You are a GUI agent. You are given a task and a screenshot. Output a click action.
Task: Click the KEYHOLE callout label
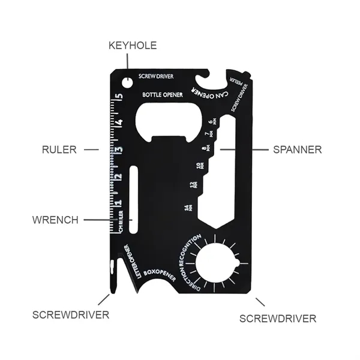132,46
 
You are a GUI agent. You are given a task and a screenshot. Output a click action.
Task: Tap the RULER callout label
59,149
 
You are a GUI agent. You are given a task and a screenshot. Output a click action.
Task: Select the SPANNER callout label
297,149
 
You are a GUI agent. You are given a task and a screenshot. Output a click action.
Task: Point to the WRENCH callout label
55,220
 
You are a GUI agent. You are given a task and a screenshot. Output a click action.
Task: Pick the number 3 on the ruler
119,150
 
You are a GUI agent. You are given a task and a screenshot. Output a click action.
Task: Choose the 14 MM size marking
190,208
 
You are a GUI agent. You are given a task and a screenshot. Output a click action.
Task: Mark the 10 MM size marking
199,166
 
